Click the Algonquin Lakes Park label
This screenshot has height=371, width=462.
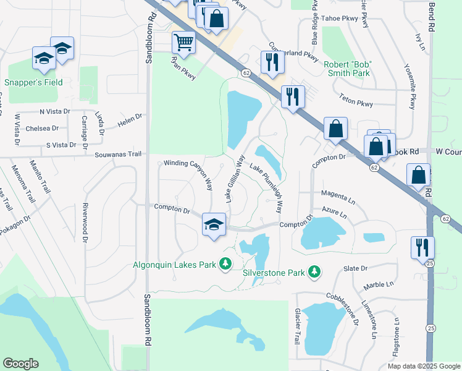(x=174, y=265)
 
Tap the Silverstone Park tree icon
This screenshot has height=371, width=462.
(x=314, y=271)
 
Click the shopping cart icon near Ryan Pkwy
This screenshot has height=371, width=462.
(x=183, y=43)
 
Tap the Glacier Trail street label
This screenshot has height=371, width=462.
(x=297, y=322)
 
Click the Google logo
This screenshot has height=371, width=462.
(x=20, y=364)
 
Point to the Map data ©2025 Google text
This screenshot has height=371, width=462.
(x=424, y=366)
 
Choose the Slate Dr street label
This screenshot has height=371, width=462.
(x=355, y=268)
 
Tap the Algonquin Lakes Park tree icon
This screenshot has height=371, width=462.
(x=226, y=265)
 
